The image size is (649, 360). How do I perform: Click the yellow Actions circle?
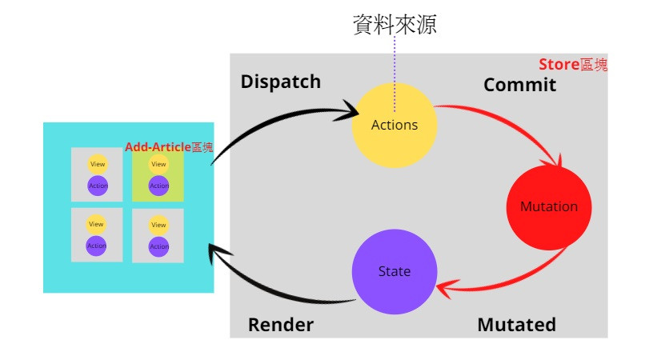coord(395,125)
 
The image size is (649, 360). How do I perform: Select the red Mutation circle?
coord(548,206)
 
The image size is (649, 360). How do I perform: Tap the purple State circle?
coord(395,271)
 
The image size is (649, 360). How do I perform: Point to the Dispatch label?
coord(280,82)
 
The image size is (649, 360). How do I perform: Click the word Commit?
coord(519,85)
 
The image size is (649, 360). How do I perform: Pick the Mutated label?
coord(516,325)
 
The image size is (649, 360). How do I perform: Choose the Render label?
coord(280,325)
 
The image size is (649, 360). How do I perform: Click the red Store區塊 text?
coord(572,65)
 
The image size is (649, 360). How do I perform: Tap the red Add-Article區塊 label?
coord(169,147)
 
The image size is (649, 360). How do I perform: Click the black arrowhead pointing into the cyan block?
coord(214,254)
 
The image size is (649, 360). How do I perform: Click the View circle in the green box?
coord(158,164)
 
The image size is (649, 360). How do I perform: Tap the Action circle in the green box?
coord(158,186)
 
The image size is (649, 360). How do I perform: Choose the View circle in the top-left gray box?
coord(97,164)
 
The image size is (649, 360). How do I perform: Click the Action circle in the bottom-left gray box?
coord(97,246)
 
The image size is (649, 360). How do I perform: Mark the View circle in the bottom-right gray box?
coord(158,225)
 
